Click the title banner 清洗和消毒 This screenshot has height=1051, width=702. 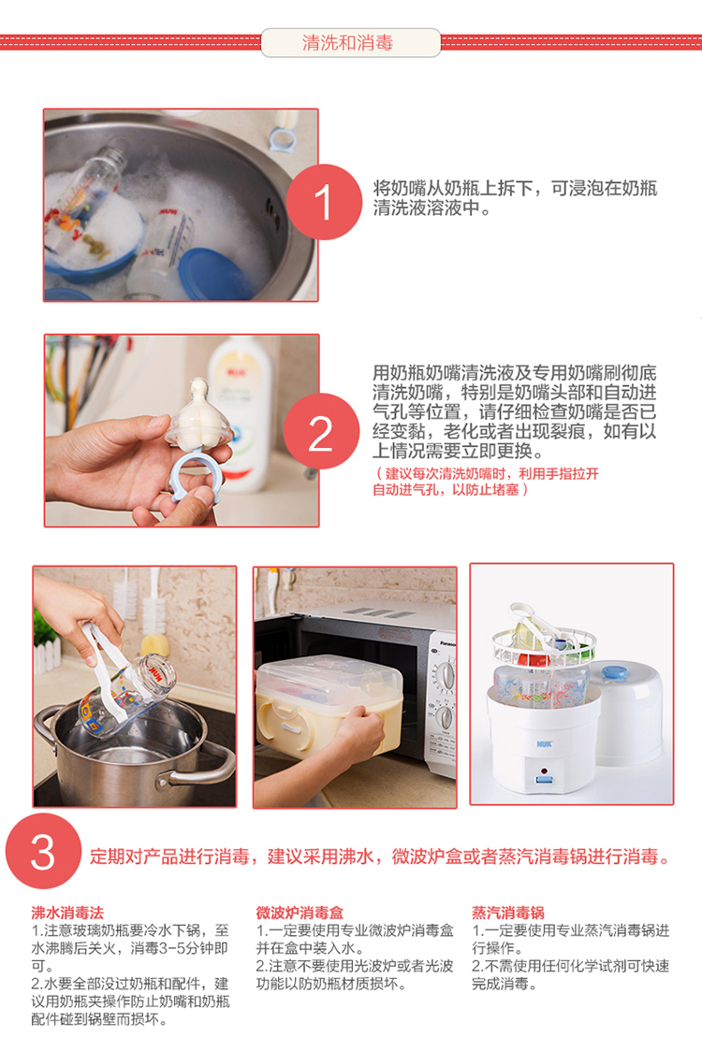tap(350, 43)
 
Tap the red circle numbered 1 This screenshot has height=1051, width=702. tap(324, 202)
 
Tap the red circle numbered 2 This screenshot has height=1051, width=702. tap(321, 432)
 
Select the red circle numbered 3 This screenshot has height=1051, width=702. tap(44, 851)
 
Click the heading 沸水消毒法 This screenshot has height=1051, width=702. tap(67, 913)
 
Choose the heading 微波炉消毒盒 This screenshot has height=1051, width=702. tap(300, 913)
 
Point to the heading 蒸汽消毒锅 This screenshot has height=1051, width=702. tap(508, 913)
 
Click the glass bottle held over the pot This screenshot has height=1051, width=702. tap(127, 695)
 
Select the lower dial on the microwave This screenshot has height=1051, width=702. tap(445, 718)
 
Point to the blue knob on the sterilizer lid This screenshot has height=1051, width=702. tap(614, 672)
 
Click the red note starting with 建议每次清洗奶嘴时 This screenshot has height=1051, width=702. tap(486, 482)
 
